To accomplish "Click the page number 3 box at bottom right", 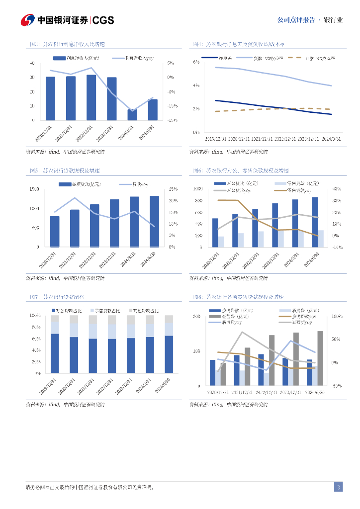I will (338, 487).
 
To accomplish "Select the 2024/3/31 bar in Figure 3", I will (132, 115).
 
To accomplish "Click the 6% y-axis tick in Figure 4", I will (196, 62).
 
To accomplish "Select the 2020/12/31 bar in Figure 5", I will (55, 231).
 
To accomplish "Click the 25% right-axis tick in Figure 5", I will (173, 189).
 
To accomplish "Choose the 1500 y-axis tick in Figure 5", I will (34, 189).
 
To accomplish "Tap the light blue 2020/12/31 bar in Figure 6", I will (221, 242).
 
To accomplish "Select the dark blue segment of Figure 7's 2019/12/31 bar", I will (55, 353).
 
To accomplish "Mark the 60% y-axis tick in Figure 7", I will (36, 339).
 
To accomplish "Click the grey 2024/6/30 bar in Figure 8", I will (320, 358).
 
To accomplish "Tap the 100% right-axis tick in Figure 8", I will (336, 316).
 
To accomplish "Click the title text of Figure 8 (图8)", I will (239, 297).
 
